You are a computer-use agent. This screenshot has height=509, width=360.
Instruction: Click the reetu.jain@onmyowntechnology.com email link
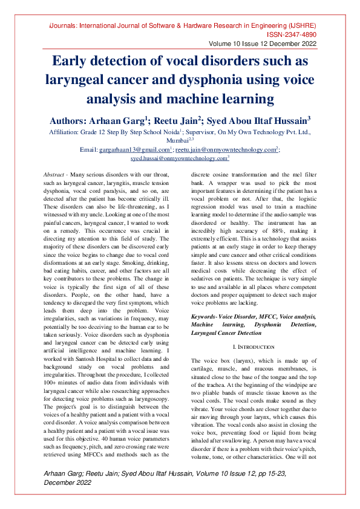click(x=226, y=149)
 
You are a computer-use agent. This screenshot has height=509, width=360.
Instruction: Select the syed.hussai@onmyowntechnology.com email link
click(x=178, y=157)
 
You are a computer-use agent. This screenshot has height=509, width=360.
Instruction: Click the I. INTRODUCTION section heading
click(x=253, y=347)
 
